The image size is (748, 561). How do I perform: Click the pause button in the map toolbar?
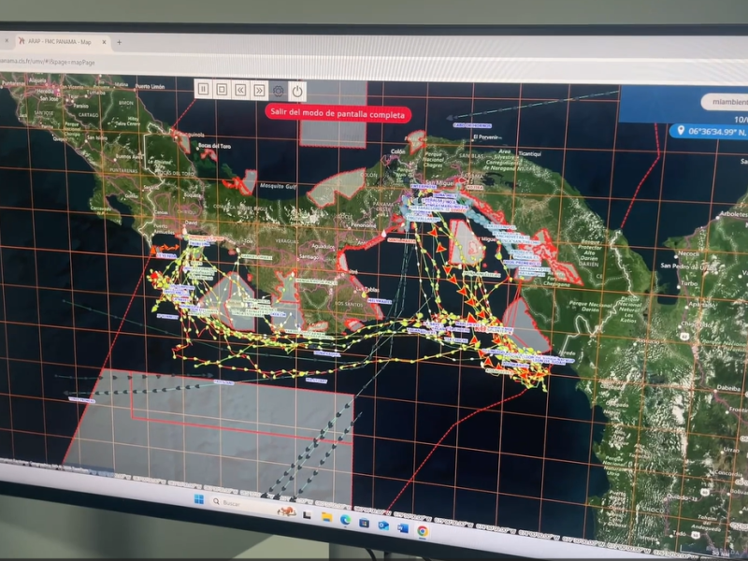(x=203, y=89)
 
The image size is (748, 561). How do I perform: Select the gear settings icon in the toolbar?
(x=278, y=90)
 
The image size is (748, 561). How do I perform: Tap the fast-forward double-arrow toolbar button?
(x=259, y=90)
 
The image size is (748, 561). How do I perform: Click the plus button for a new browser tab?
(x=119, y=42)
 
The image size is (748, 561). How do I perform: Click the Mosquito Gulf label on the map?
(x=279, y=187)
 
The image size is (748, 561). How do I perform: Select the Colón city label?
(x=397, y=150)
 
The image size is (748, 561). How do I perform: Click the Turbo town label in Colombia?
(x=691, y=282)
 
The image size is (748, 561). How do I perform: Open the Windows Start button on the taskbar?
(x=198, y=498)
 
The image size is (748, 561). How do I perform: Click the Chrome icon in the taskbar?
(x=423, y=530)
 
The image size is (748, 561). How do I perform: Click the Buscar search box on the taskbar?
(x=238, y=503)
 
